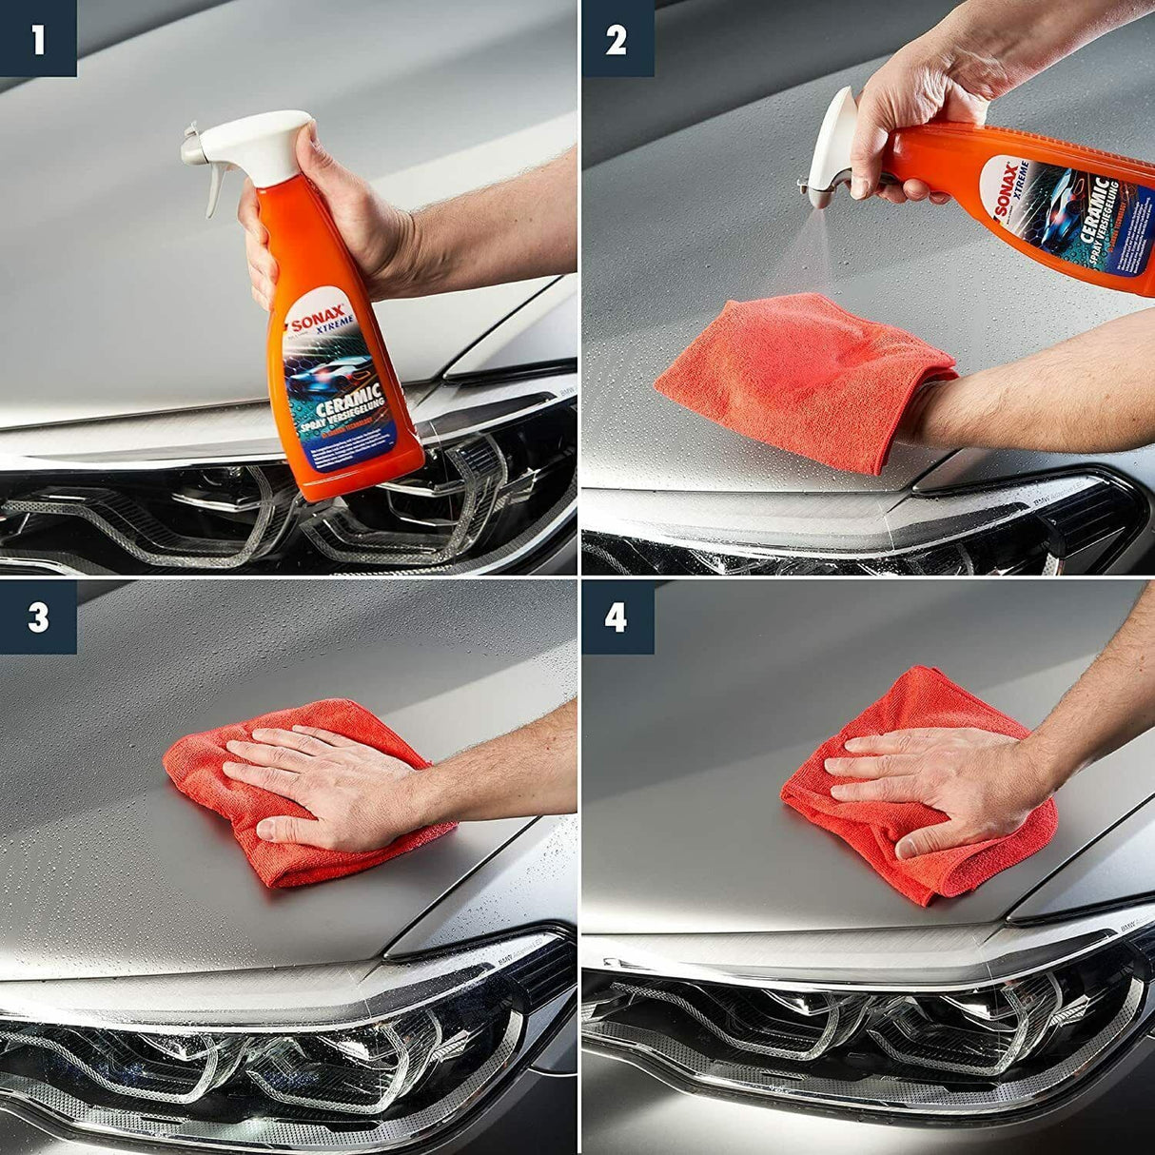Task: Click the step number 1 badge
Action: click(x=37, y=39)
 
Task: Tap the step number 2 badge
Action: click(x=617, y=39)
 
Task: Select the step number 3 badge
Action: click(x=37, y=617)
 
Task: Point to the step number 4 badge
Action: click(x=617, y=617)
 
